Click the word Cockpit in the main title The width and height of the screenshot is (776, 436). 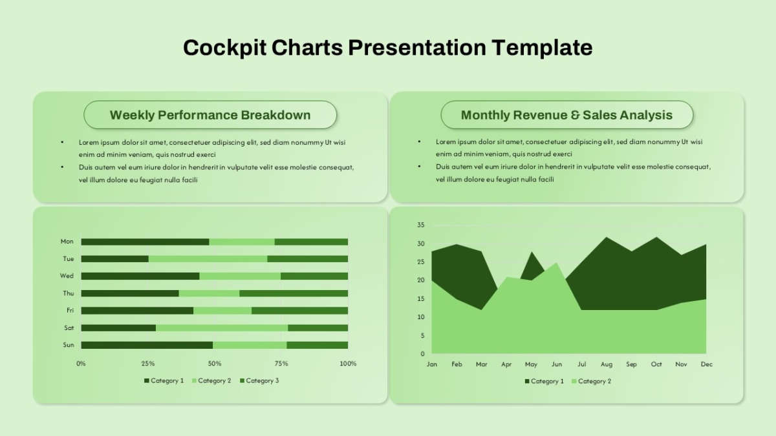coord(224,47)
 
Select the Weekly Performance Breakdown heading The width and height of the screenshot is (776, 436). coord(210,115)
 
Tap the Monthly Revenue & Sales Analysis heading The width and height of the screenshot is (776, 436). coord(566,115)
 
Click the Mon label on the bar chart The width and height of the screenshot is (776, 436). coord(67,241)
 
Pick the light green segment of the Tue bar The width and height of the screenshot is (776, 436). coord(208,259)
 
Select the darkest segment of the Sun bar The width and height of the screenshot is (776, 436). coord(147,345)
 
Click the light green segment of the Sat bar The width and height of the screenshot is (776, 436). coord(222,327)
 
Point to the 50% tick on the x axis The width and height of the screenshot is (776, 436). coord(215,363)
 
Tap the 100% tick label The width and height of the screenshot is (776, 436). coord(348,363)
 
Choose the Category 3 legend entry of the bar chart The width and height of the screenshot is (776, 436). coord(259,380)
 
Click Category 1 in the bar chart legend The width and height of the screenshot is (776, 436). coord(164,380)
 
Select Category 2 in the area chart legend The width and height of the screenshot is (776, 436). coord(591,381)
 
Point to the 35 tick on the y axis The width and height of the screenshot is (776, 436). coord(420,225)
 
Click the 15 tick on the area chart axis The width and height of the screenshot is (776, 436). coord(420,298)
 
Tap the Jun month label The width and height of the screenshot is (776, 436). coord(556,364)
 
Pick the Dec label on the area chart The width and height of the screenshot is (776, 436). coord(706,364)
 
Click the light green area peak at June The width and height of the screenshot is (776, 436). coord(556,263)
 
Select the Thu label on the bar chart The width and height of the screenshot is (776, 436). coord(69,293)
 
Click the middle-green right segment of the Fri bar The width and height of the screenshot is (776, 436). coord(299,311)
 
